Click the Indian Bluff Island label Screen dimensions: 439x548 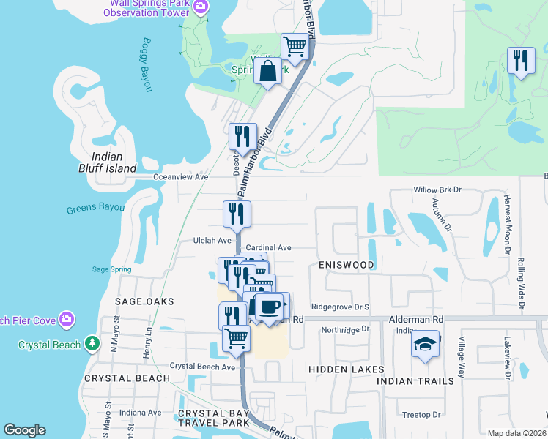click(x=114, y=162)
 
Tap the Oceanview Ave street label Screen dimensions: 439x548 click(x=181, y=177)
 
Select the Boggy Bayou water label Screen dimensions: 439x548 click(x=147, y=75)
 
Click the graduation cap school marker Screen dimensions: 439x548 click(x=425, y=343)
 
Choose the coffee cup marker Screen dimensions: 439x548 click(x=270, y=306)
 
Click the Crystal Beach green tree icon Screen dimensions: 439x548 click(x=92, y=342)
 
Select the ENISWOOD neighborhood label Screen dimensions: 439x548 click(x=347, y=265)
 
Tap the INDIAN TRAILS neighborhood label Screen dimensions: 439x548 click(x=411, y=381)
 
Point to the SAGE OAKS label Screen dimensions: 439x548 click(x=144, y=301)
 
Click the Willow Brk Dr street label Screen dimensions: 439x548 click(x=437, y=189)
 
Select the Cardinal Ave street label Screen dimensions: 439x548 click(x=269, y=248)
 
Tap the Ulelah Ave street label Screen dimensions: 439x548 click(x=212, y=240)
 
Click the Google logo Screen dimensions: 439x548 click(x=24, y=431)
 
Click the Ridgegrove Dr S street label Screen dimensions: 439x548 click(x=340, y=307)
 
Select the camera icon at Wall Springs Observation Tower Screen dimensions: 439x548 click(x=203, y=6)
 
